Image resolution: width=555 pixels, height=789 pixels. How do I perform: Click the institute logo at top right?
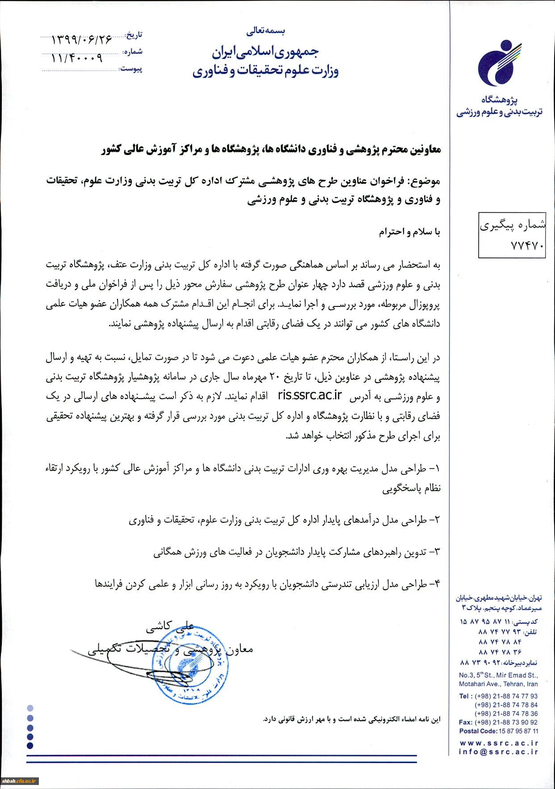500,64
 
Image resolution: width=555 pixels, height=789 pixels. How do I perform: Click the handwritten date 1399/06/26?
82,40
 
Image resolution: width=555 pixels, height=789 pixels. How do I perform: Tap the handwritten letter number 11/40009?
76,58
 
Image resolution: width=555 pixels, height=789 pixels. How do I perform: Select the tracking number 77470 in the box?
527,246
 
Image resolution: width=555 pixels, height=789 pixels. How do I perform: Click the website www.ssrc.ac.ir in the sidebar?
499,743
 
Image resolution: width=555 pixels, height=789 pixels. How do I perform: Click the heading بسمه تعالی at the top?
265,31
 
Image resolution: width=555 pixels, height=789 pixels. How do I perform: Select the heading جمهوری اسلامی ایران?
265,52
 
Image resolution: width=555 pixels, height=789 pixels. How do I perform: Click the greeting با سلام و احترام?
410,232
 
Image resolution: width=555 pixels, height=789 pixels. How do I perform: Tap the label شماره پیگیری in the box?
513,226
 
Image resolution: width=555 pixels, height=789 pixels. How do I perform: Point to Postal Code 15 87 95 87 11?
499,731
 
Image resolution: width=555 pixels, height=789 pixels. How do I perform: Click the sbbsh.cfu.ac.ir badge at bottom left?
20,781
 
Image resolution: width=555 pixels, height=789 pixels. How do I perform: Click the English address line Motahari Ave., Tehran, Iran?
498,684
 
